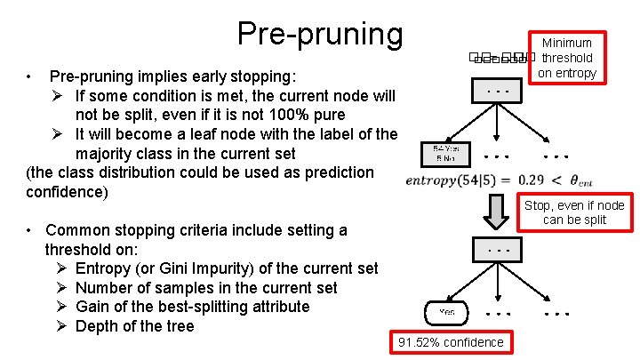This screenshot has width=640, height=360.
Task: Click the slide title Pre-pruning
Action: point(319,33)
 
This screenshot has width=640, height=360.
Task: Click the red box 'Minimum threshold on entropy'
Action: point(566,58)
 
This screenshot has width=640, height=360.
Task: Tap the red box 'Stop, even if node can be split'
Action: point(574,212)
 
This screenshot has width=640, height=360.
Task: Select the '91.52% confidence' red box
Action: point(452,342)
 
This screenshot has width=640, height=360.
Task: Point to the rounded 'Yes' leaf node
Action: point(445,312)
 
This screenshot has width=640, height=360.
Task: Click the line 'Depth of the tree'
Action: point(134,326)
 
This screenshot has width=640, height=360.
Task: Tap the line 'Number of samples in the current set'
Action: point(206,287)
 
